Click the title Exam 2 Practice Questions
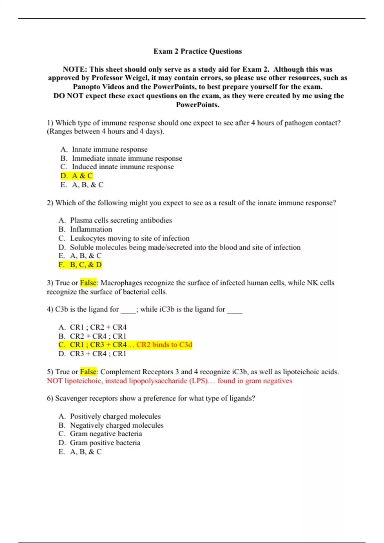[x=197, y=51]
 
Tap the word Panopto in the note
[x=87, y=87]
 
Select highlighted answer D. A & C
[x=76, y=176]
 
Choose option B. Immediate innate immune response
[x=121, y=158]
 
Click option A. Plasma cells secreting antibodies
[x=115, y=220]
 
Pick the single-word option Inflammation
[x=91, y=229]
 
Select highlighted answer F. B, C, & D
[x=80, y=265]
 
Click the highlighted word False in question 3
[x=88, y=283]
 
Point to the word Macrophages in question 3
[x=121, y=283]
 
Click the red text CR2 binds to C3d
[x=164, y=345]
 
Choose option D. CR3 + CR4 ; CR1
[x=92, y=354]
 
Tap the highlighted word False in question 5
[x=88, y=372]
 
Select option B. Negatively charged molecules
[x=111, y=425]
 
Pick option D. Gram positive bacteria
[x=100, y=443]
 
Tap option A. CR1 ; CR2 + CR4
[x=92, y=327]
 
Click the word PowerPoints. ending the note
[x=197, y=105]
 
